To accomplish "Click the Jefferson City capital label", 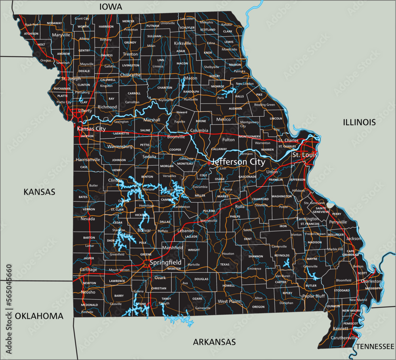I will pos(238,162).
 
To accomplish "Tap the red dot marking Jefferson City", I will pos(209,163).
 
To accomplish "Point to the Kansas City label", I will pos(91,129).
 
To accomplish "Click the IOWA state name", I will pos(110,6).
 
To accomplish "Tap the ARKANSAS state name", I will pos(214,342).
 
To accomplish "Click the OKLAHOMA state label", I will pos(39,316).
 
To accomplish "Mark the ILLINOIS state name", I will pos(359,122).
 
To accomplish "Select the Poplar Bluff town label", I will pos(313,296).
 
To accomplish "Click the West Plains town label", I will pos(229,301).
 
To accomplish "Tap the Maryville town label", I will pos(61,35).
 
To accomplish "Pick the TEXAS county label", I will pos(225,264).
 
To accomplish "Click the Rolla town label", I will pos(240,207).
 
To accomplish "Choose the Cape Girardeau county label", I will pos(350,253).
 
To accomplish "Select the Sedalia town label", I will pos(149,157).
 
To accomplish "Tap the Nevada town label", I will pos(88,219).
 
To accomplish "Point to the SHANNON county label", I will pos(255,256).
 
